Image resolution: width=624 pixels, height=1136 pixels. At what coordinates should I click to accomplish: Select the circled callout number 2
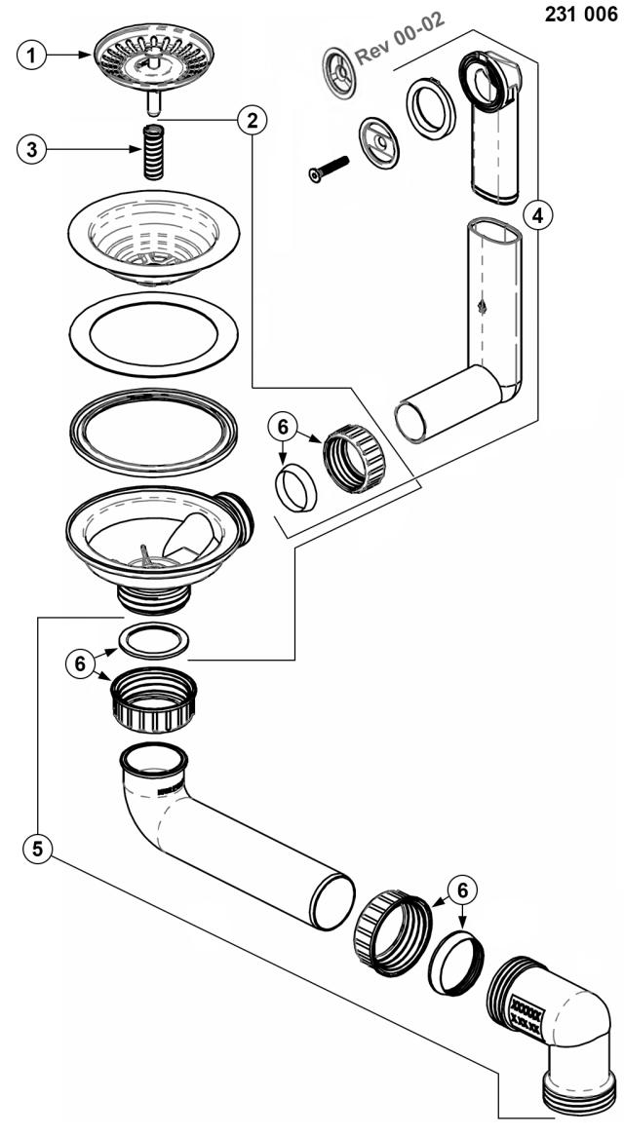coord(252,121)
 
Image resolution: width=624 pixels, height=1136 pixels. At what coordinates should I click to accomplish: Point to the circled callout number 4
coord(536,214)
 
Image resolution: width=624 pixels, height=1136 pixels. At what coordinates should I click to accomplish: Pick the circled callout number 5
coord(37,847)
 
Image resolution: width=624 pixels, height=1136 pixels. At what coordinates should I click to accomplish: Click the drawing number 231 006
coord(581,15)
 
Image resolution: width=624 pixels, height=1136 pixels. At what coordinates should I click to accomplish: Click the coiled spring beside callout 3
coord(154,151)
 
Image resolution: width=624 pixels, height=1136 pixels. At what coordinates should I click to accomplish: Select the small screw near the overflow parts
coord(328,169)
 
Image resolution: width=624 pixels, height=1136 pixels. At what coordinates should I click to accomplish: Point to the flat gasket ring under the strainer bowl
coord(154,334)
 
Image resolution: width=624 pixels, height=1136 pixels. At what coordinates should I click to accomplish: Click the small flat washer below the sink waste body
coord(154,640)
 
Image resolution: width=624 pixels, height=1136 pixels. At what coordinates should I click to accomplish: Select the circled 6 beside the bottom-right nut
coord(461,890)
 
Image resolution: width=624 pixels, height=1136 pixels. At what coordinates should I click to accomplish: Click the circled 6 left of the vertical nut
coord(81,663)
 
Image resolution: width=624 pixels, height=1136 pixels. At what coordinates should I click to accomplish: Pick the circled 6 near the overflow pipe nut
coord(282,428)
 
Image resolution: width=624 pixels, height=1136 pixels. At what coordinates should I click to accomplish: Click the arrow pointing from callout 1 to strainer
coord(69,55)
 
